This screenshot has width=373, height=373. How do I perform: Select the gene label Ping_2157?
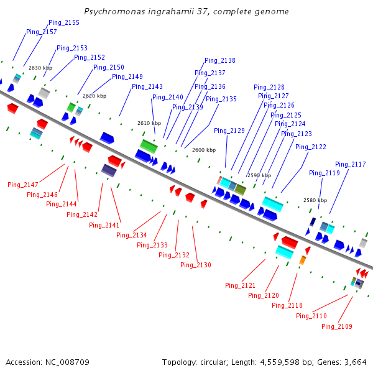coord(41,32)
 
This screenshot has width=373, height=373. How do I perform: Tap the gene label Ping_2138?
coord(219,60)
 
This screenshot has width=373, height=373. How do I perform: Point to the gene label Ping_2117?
coord(350,164)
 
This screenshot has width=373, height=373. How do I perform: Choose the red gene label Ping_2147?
coord(23,185)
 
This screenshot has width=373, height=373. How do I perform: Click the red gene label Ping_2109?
coord(337,326)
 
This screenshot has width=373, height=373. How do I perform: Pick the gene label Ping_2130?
coord(196,265)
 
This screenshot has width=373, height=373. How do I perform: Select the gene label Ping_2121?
coord(241,285)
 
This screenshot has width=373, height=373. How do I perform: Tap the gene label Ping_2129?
coord(229,131)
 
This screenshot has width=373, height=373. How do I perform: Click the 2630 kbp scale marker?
coord(40,68)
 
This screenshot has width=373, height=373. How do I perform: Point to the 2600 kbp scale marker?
coord(204,150)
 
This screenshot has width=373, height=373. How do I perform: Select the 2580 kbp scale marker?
coord(315,200)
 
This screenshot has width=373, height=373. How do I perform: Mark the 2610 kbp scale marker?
coord(149,123)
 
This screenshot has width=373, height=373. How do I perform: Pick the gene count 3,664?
coord(355,362)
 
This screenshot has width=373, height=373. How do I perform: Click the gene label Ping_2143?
coord(147,86)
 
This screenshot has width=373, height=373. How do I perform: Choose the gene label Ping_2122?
coord(310,147)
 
